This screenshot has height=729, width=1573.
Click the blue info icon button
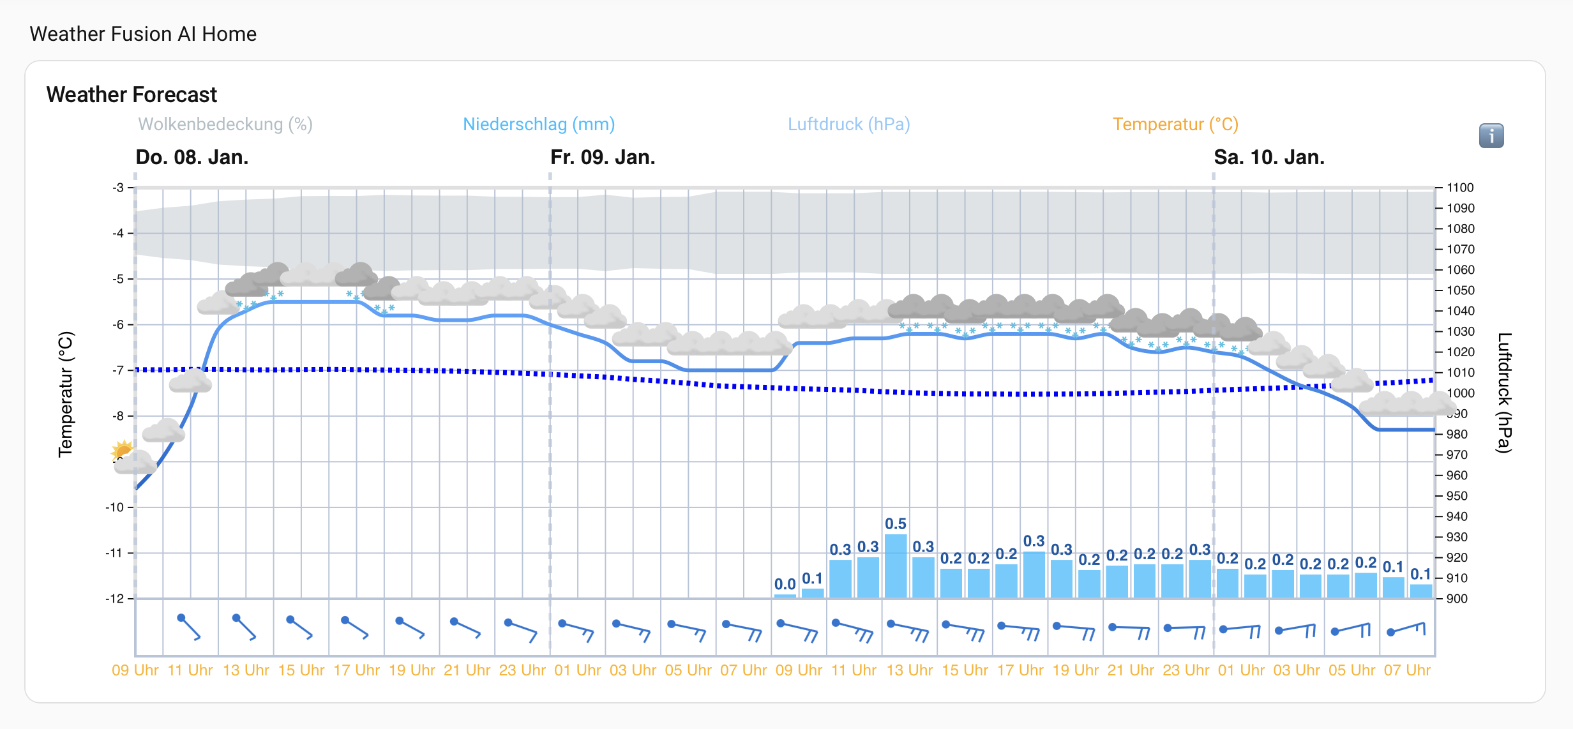[1491, 135]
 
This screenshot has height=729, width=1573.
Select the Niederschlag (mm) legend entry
[538, 124]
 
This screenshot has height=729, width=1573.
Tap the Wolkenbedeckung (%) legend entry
[225, 124]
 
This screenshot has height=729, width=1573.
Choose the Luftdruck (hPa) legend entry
[848, 124]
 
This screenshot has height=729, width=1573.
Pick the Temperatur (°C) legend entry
[1175, 124]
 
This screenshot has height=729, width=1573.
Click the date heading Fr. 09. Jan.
[603, 157]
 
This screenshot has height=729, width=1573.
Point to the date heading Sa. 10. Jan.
[1268, 157]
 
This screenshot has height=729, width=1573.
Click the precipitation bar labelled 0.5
[896, 566]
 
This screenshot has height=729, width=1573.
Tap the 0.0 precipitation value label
[785, 584]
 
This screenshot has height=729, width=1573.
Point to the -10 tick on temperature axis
[115, 507]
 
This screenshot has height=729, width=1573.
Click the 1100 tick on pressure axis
[1460, 188]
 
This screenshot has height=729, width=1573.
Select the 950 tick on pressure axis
[1457, 496]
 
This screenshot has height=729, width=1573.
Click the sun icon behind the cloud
[121, 449]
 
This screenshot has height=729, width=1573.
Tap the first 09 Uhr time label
[135, 670]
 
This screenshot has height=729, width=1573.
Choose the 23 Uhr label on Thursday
[522, 670]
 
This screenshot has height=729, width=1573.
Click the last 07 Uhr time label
[1407, 670]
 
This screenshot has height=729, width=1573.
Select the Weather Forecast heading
[132, 94]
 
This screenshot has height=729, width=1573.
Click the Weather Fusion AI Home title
[143, 34]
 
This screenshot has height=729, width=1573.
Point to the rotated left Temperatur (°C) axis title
[66, 394]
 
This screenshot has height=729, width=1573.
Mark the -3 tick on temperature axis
[118, 188]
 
